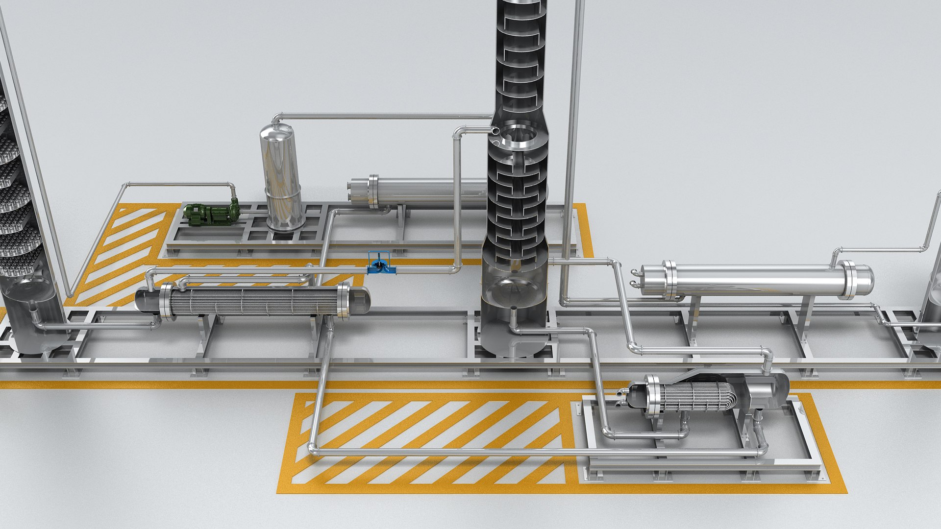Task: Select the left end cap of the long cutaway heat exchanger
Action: point(146,300)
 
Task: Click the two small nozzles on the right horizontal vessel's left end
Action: point(636,278)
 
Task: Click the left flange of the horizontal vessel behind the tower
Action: point(373,192)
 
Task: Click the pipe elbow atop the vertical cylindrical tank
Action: point(277,118)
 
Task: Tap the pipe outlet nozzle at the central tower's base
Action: point(513,316)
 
